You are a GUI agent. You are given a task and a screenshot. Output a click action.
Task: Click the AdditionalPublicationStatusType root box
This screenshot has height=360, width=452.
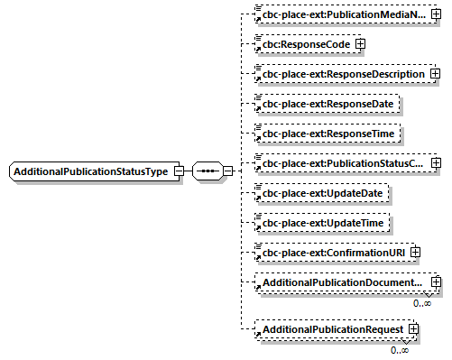click(90, 171)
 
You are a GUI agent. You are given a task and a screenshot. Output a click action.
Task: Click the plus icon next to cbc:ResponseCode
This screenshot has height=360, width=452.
click(360, 42)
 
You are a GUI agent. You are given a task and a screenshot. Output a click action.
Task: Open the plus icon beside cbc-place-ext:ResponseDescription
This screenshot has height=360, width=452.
click(437, 72)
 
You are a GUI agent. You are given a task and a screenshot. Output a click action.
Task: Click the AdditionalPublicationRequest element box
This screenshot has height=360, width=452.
click(330, 330)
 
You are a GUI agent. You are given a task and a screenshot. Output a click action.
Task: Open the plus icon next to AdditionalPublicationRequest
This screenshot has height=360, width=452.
click(414, 330)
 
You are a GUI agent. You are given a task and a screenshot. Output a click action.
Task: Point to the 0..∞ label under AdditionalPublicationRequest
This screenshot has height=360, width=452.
click(400, 349)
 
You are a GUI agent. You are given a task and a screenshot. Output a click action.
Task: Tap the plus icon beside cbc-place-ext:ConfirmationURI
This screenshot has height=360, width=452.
click(414, 253)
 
